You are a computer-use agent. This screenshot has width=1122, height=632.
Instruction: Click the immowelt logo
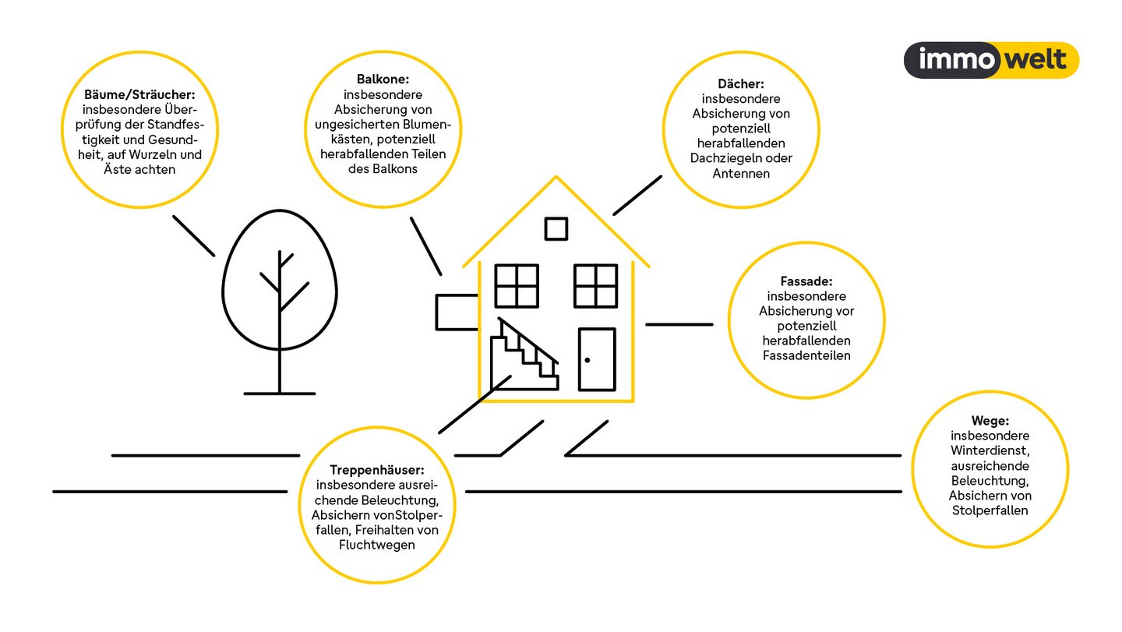pos(991,60)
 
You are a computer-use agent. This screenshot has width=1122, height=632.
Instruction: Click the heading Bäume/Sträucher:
pos(139,94)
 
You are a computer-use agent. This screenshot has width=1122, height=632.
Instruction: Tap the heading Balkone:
pos(383,79)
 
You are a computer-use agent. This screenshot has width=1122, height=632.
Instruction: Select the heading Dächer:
pos(741,83)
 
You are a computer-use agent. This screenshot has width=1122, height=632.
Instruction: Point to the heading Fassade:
pos(806,281)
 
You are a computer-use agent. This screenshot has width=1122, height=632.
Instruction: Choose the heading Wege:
pos(990,421)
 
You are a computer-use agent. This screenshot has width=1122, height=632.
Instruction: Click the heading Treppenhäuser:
pos(376,470)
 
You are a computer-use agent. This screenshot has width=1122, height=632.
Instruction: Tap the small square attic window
pos(556,229)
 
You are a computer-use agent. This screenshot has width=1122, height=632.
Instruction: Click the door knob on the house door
pos(587,360)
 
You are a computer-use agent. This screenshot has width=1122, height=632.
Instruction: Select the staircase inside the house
pos(524,354)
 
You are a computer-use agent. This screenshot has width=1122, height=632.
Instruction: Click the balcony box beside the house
pos(457,312)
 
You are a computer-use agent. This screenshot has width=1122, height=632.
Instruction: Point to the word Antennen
pos(741,174)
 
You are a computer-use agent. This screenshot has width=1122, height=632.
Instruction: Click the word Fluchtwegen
pos(376,545)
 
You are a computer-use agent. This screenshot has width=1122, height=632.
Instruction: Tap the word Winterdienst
pos(990,450)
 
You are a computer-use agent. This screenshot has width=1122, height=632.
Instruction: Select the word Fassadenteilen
pos(806,355)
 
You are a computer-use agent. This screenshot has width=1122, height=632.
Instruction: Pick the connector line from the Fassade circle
pos(679,324)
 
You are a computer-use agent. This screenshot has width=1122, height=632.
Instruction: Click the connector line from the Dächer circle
pos(637,196)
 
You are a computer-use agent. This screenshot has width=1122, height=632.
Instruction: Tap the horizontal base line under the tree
pos(280,394)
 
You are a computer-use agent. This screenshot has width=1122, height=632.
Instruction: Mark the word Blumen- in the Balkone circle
pos(428,124)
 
